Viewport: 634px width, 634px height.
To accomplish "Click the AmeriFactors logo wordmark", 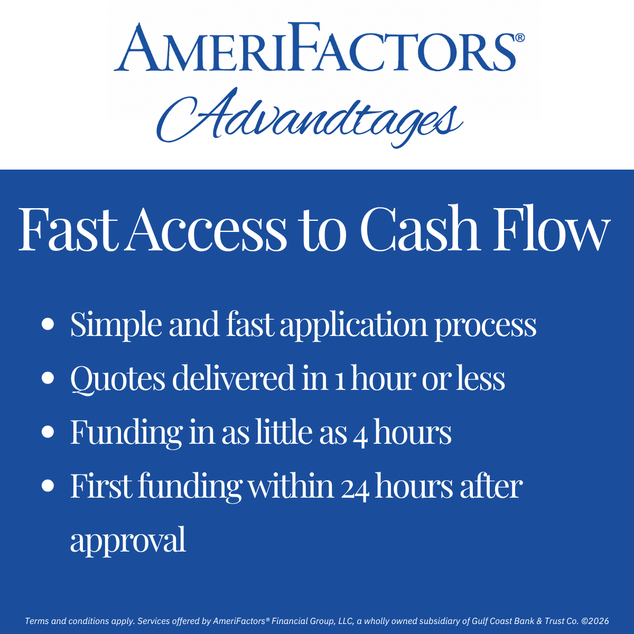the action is click(315, 46).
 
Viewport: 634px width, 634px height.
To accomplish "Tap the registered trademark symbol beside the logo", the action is click(520, 38).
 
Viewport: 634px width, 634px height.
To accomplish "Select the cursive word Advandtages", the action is click(310, 117).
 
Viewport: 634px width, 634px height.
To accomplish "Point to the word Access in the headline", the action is click(206, 229).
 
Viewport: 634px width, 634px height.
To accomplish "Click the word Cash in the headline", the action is click(420, 228).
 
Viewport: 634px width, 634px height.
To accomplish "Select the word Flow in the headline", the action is click(551, 228).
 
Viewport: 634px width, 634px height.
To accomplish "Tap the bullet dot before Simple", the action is click(48, 324).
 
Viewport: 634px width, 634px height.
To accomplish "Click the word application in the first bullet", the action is click(353, 326).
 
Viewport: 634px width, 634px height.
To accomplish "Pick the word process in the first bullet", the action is click(486, 328).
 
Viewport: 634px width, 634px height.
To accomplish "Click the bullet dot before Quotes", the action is click(48, 378).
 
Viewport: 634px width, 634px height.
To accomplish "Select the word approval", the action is click(128, 542).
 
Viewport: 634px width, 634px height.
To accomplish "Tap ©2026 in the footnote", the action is click(595, 621).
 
